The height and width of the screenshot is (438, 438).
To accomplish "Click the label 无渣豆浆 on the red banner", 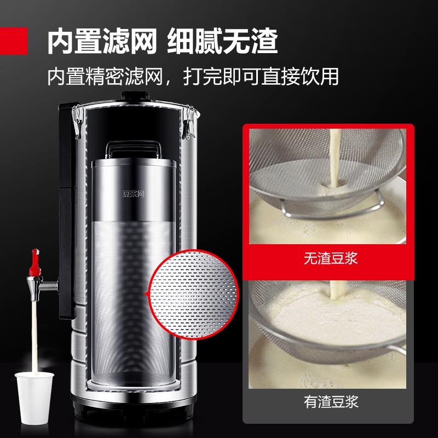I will point(331,258).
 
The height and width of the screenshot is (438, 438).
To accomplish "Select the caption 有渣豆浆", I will point(331,402).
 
